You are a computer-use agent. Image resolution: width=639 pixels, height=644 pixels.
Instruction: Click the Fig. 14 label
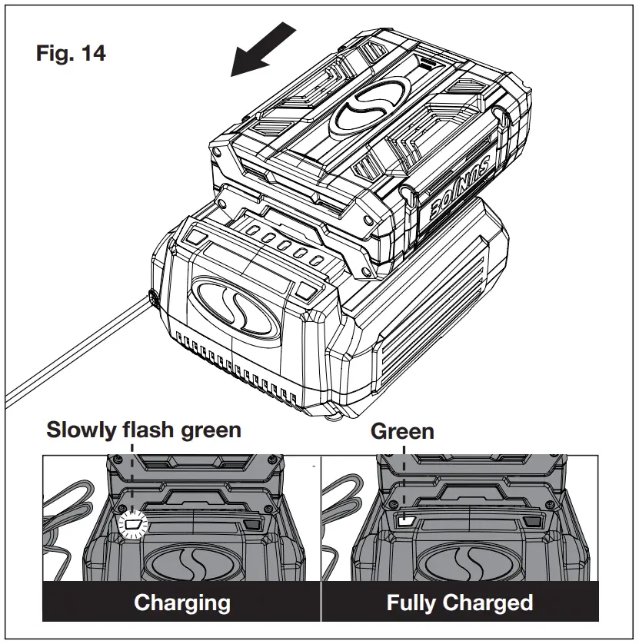click(71, 54)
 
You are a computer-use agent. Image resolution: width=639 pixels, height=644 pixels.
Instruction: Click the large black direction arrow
click(263, 51)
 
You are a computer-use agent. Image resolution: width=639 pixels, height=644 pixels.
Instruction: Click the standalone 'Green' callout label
click(402, 431)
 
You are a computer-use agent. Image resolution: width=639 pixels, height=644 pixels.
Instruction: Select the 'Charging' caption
click(182, 602)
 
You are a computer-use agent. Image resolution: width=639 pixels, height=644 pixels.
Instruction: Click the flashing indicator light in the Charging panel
click(135, 526)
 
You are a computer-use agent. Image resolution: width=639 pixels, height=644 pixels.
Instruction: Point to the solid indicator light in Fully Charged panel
click(404, 520)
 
